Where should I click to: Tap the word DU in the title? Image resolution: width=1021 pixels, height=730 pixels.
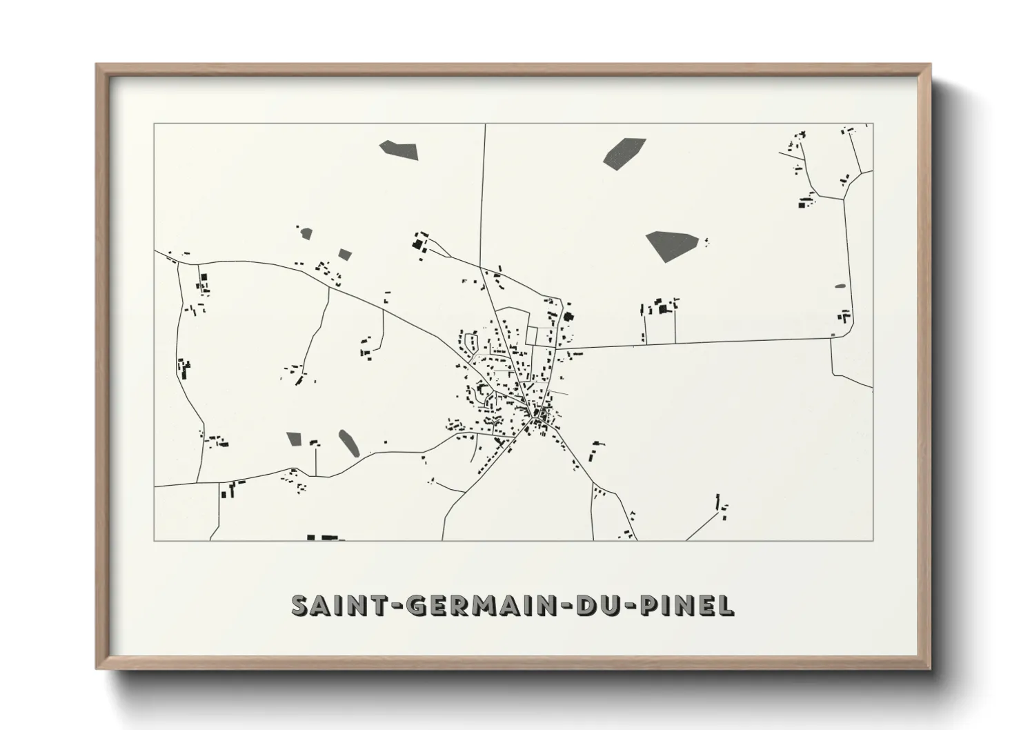[599, 605]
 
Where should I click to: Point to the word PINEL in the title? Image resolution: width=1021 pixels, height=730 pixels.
[686, 605]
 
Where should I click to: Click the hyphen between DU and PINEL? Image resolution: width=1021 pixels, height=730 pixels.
[631, 606]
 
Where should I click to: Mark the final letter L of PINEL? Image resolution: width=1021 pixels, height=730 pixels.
[726, 605]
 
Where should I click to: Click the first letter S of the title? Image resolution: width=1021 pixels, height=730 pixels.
[301, 605]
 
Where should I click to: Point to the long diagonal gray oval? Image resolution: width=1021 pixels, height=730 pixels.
[348, 443]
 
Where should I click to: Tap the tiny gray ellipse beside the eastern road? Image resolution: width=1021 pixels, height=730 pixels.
[840, 286]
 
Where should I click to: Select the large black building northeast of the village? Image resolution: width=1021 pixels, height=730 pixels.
[569, 317]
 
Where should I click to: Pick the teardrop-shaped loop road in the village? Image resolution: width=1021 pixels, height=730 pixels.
[473, 341]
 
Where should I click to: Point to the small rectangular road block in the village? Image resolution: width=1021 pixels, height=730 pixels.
[531, 335]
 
